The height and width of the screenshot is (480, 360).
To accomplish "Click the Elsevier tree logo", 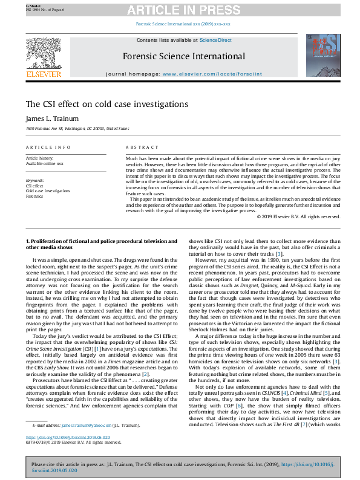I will pyautogui.click(x=43, y=54).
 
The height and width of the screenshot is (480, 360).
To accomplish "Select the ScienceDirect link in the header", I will pyautogui.click(x=217, y=40).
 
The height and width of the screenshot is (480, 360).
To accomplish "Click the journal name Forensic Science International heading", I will pyautogui.click(x=184, y=57).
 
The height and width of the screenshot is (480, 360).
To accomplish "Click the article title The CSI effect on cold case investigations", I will pyautogui.click(x=106, y=105).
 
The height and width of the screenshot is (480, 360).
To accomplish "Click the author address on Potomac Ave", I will pyautogui.click(x=77, y=129).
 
